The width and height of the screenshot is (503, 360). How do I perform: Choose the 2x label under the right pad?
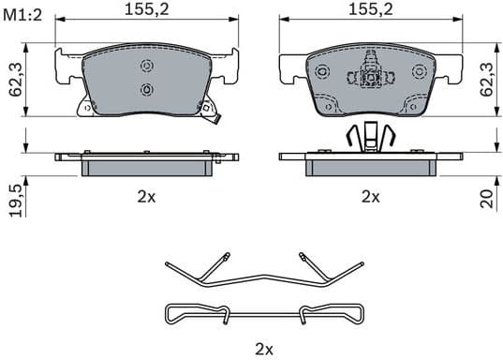coord(370,197)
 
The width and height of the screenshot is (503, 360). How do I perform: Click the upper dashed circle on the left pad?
coord(146,66)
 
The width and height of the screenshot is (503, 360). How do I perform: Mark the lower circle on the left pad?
coord(146,88)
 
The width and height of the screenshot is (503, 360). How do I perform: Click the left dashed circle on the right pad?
coord(322,73)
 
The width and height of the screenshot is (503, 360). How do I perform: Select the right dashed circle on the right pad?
coord(417,73)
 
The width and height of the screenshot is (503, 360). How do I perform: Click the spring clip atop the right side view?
coord(369,138)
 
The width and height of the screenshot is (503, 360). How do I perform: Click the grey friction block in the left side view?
coord(146,165)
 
